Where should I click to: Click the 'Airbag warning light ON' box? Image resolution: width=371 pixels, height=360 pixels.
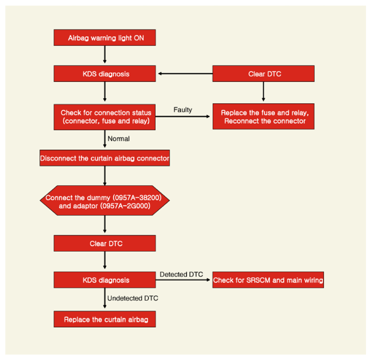pyautogui.click(x=104, y=38)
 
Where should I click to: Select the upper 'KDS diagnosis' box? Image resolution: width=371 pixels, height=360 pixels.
pyautogui.click(x=104, y=74)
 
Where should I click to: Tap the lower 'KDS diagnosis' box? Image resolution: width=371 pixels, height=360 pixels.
pyautogui.click(x=104, y=280)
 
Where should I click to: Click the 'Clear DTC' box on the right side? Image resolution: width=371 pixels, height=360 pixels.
pyautogui.click(x=263, y=74)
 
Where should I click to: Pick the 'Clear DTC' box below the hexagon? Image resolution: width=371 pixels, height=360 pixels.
pyautogui.click(x=104, y=243)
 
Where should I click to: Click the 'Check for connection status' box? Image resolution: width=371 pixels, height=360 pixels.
pyautogui.click(x=104, y=117)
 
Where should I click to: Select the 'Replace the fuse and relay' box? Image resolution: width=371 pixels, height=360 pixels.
pyautogui.click(x=263, y=116)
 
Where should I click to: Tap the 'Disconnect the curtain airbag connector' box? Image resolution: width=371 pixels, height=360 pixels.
pyautogui.click(x=104, y=158)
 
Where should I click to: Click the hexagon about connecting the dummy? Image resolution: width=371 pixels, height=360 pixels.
pyautogui.click(x=104, y=200)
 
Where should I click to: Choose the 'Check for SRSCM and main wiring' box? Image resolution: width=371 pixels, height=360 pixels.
pyautogui.click(x=268, y=280)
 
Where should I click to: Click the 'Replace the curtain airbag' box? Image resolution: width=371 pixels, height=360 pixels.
pyautogui.click(x=104, y=319)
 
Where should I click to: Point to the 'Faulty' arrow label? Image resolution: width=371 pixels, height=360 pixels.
pyautogui.click(x=183, y=110)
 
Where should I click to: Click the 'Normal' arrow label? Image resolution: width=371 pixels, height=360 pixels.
pyautogui.click(x=118, y=139)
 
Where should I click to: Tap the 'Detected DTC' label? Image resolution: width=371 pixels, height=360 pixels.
pyautogui.click(x=181, y=275)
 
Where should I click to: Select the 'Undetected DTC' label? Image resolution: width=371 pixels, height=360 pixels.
pyautogui.click(x=133, y=298)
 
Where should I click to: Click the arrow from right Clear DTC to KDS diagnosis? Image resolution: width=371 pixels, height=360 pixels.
pyautogui.click(x=185, y=74)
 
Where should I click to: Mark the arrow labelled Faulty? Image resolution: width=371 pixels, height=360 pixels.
pyautogui.click(x=183, y=116)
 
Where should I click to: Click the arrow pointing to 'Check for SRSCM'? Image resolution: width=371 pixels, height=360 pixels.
pyautogui.click(x=183, y=280)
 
